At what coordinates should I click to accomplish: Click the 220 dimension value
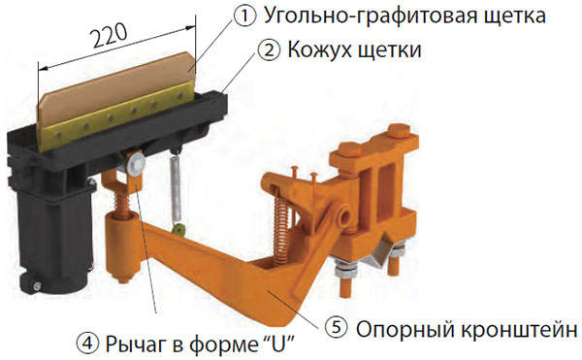click(110, 36)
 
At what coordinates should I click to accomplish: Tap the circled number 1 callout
click(244, 16)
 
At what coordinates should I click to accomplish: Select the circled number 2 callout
click(269, 49)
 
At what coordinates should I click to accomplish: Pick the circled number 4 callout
click(87, 344)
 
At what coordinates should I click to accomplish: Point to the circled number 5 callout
click(337, 328)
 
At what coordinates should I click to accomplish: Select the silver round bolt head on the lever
click(136, 163)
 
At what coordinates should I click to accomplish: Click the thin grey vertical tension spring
click(176, 185)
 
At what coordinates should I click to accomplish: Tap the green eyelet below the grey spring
click(179, 231)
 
